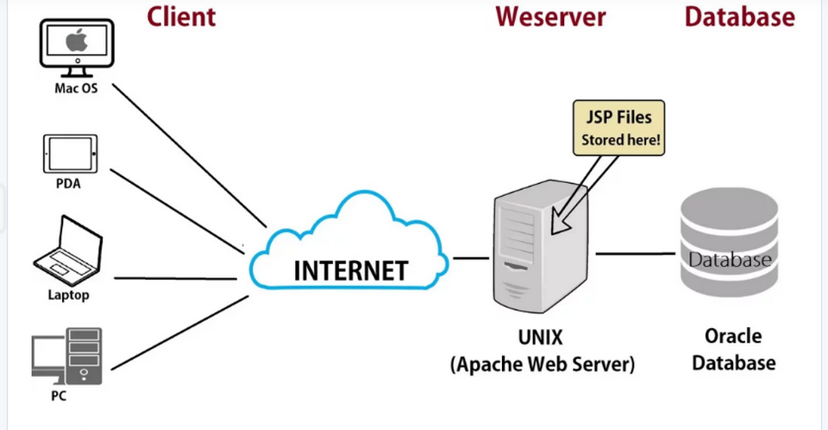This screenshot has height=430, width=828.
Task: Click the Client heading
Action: pyautogui.click(x=181, y=16)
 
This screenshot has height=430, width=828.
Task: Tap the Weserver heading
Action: pyautogui.click(x=550, y=16)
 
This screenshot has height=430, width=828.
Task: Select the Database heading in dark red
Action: pyautogui.click(x=739, y=16)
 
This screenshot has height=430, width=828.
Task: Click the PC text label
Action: pyautogui.click(x=58, y=396)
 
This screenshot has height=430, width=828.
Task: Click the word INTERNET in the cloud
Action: pyautogui.click(x=349, y=270)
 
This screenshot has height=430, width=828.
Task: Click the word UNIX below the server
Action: pyautogui.click(x=542, y=336)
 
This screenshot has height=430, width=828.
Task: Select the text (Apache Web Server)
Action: pyautogui.click(x=542, y=364)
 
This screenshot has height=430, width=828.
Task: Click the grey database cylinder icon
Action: pyautogui.click(x=729, y=244)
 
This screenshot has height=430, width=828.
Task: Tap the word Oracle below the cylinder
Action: pyautogui.click(x=732, y=335)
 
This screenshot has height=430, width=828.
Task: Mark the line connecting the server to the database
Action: pyautogui.click(x=634, y=253)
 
